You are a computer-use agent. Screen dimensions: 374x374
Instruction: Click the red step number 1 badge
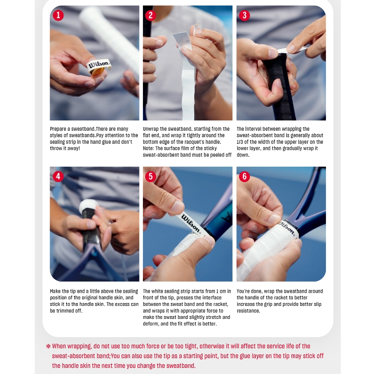tap(58, 15)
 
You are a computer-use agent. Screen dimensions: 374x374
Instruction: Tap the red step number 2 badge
tap(150, 15)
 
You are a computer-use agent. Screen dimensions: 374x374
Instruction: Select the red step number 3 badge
tap(244, 15)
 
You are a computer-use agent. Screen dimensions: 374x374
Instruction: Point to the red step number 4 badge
tap(58, 176)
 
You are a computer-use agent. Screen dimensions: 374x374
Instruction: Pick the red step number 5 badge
tap(150, 176)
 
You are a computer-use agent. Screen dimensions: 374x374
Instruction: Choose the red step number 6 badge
tap(244, 176)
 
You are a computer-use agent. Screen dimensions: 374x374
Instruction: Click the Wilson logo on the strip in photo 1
tap(99, 64)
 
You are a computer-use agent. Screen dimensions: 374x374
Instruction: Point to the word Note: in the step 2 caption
tap(148, 148)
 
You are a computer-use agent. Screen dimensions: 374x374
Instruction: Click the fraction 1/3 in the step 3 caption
tap(240, 142)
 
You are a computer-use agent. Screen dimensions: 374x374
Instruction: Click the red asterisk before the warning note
tap(48, 346)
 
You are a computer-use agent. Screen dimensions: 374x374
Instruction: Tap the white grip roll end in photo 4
tap(89, 205)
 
